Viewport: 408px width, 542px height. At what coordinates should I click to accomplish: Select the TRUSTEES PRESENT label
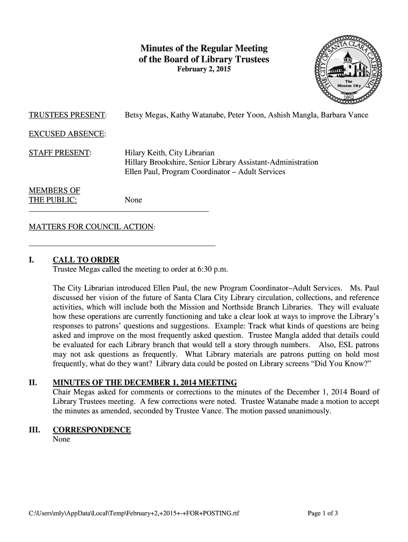pyautogui.click(x=67, y=115)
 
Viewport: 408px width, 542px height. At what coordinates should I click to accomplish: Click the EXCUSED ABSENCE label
pyautogui.click(x=67, y=134)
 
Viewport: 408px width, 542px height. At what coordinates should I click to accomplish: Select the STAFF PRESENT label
pyautogui.click(x=60, y=153)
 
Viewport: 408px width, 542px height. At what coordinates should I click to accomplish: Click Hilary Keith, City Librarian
pyautogui.click(x=170, y=153)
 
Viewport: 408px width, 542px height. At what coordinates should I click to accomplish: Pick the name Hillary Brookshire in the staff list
pyautogui.click(x=159, y=162)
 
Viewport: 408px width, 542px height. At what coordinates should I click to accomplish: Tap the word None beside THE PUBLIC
pyautogui.click(x=133, y=200)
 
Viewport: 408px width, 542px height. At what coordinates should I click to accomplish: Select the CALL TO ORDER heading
pyautogui.click(x=86, y=260)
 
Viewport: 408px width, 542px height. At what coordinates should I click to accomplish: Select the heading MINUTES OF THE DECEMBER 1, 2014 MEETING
pyautogui.click(x=145, y=383)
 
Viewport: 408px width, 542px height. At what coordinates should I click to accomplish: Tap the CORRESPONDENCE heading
pyautogui.click(x=92, y=430)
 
